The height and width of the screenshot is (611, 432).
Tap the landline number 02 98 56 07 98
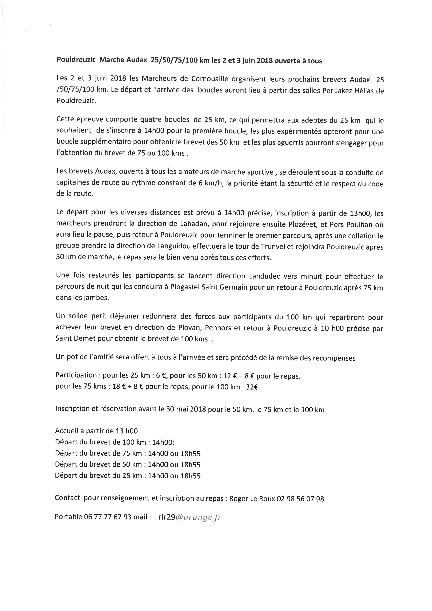pyautogui.click(x=300, y=498)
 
